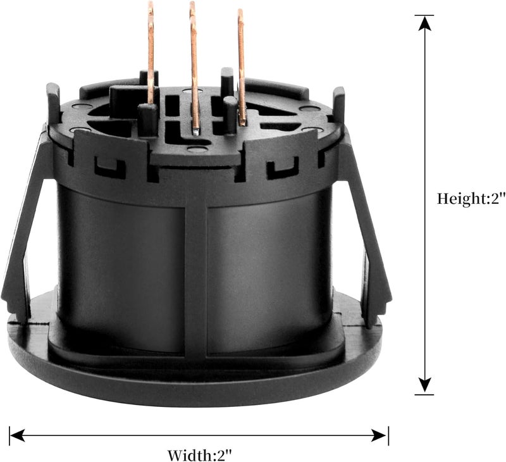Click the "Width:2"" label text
coord(200,456)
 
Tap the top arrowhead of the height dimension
coord(424,23)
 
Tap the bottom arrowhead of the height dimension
coord(424,386)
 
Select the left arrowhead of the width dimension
coord(18,435)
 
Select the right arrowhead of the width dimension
coord(378,435)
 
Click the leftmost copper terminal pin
coord(151,53)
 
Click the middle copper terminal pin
coord(194,67)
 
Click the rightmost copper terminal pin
coord(242,67)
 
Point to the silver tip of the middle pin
coord(196,131)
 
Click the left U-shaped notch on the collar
coord(109,168)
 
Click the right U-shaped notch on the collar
coord(283,168)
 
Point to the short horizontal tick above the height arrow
coord(424,15)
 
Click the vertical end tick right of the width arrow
coord(388,435)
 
